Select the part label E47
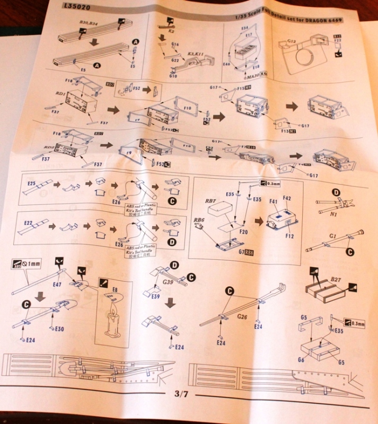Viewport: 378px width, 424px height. point(58,285)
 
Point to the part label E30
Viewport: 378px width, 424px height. point(60,329)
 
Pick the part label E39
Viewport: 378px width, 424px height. point(156,296)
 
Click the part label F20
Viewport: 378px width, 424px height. point(244,232)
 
